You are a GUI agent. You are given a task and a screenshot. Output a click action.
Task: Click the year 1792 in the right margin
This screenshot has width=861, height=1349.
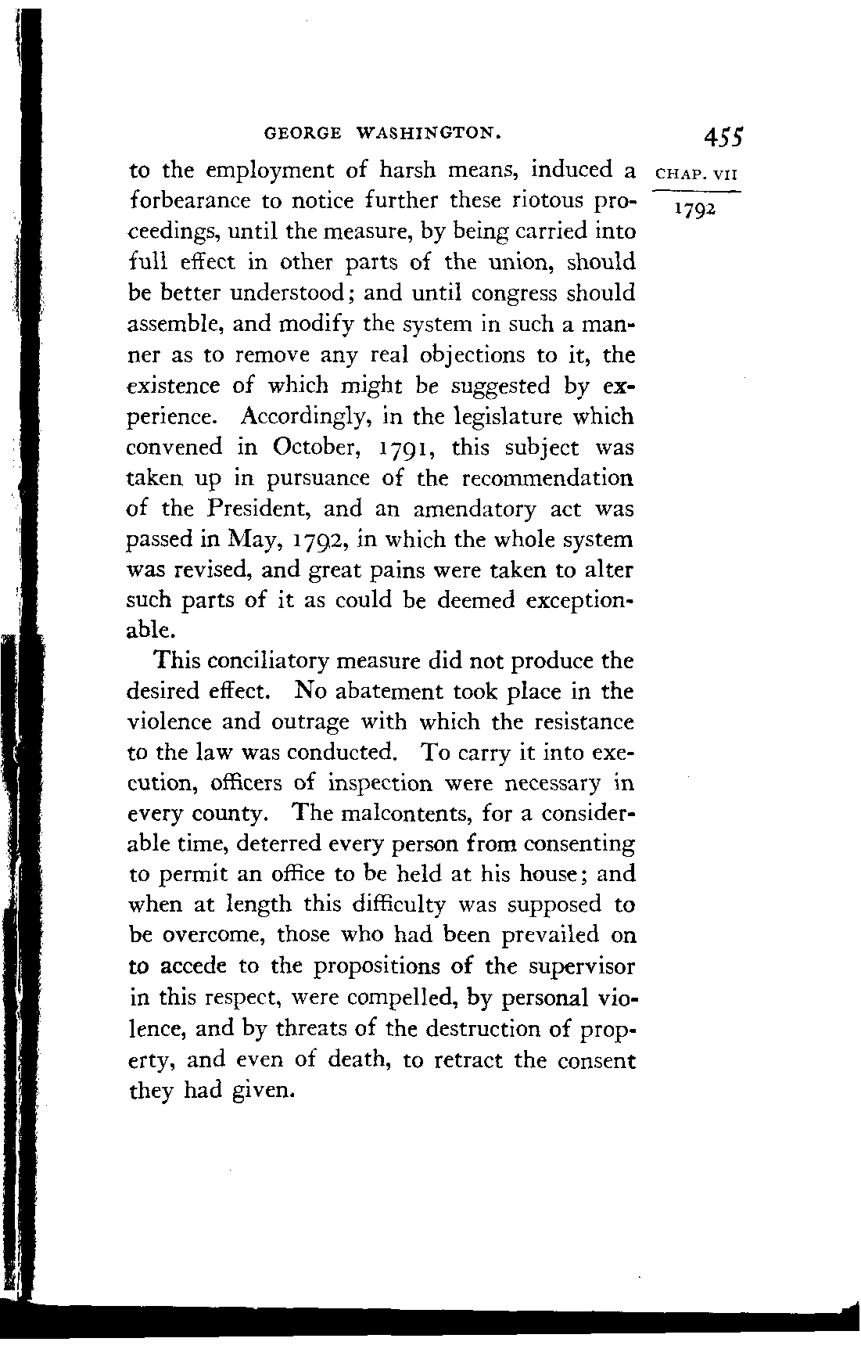(691, 211)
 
